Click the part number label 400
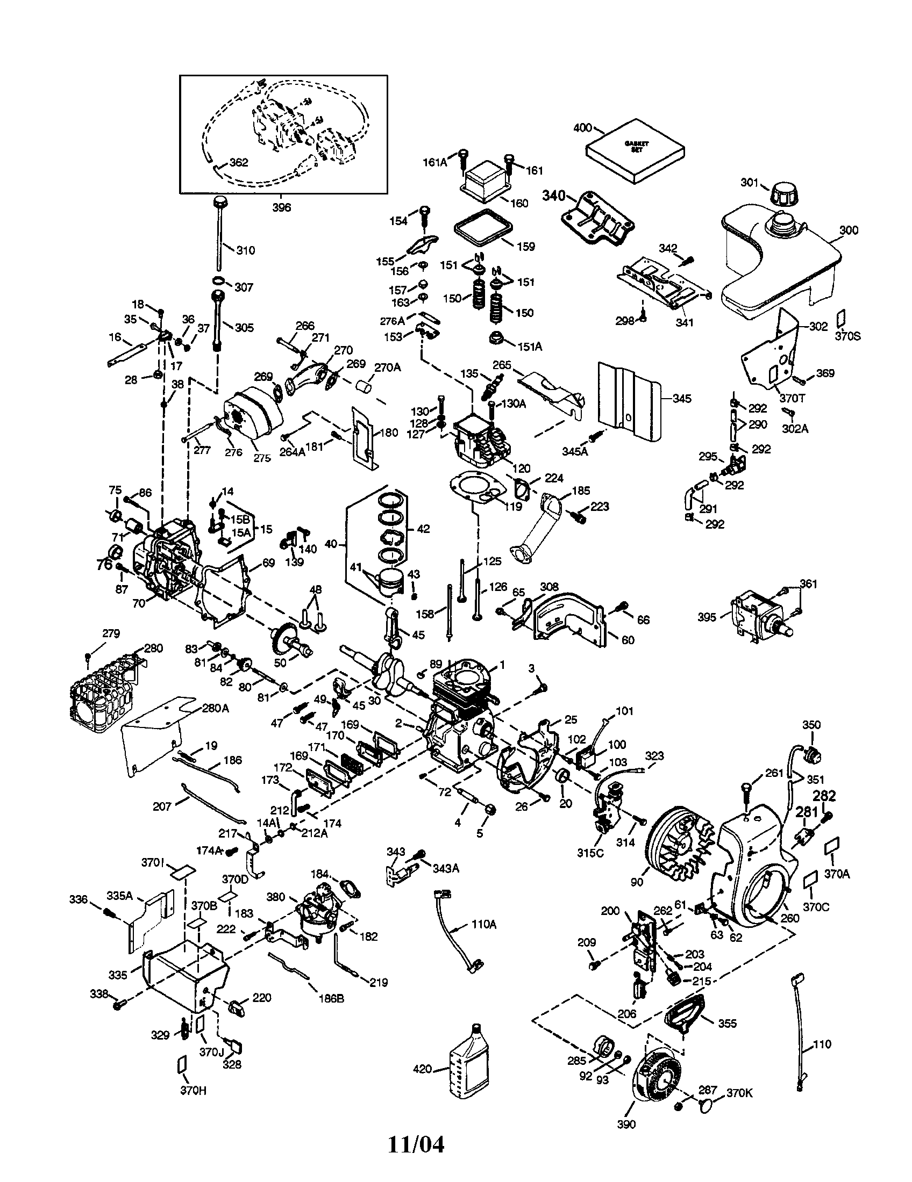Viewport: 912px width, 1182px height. pyautogui.click(x=582, y=128)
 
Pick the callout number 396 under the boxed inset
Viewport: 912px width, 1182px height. pyautogui.click(x=281, y=207)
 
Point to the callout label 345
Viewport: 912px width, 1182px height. pyautogui.click(x=682, y=398)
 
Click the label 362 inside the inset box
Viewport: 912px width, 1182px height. pyautogui.click(x=238, y=162)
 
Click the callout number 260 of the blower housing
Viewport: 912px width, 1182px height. pyautogui.click(x=790, y=918)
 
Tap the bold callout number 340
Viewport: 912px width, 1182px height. pyautogui.click(x=553, y=196)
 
